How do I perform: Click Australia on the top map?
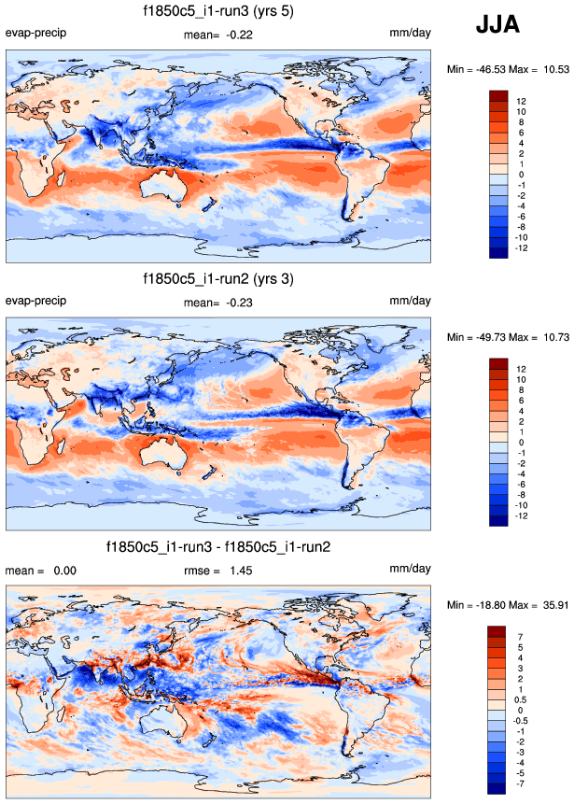pyautogui.click(x=162, y=191)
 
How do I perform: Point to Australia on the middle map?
pyautogui.click(x=162, y=458)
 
